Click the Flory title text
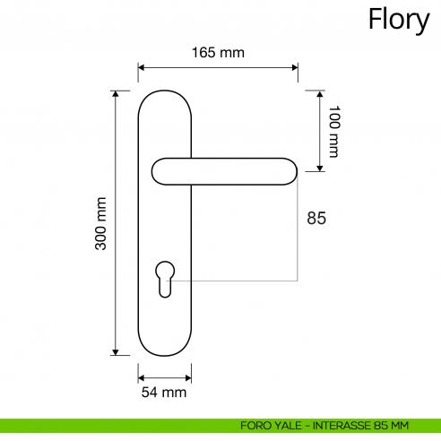click(x=399, y=20)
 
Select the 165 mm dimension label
click(x=218, y=53)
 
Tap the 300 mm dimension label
click(x=101, y=223)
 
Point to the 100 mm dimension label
click(x=333, y=131)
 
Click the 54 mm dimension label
click(x=164, y=393)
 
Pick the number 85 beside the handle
click(x=316, y=218)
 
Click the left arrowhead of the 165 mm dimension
click(x=142, y=66)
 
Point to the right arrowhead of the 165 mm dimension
click(x=295, y=66)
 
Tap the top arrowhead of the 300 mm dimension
click(x=116, y=94)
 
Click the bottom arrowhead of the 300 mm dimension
click(x=116, y=352)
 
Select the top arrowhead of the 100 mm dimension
click(x=319, y=94)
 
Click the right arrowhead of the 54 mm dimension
click(x=188, y=376)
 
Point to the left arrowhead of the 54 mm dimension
click(x=142, y=376)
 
